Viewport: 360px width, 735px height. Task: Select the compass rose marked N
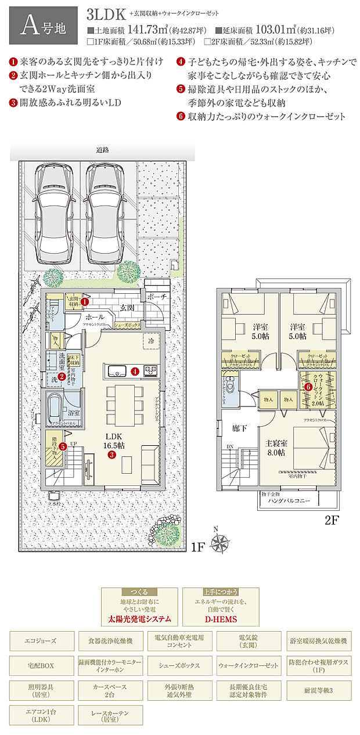click(x=219, y=543)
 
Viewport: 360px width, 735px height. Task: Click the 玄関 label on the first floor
click(x=128, y=307)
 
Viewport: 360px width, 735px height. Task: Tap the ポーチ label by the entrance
click(x=157, y=296)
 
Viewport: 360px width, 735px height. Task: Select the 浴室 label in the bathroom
click(x=73, y=413)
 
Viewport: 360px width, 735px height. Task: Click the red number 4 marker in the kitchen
click(x=134, y=370)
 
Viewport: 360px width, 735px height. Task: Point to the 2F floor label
click(x=331, y=520)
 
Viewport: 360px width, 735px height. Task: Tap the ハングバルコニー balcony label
click(x=289, y=500)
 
